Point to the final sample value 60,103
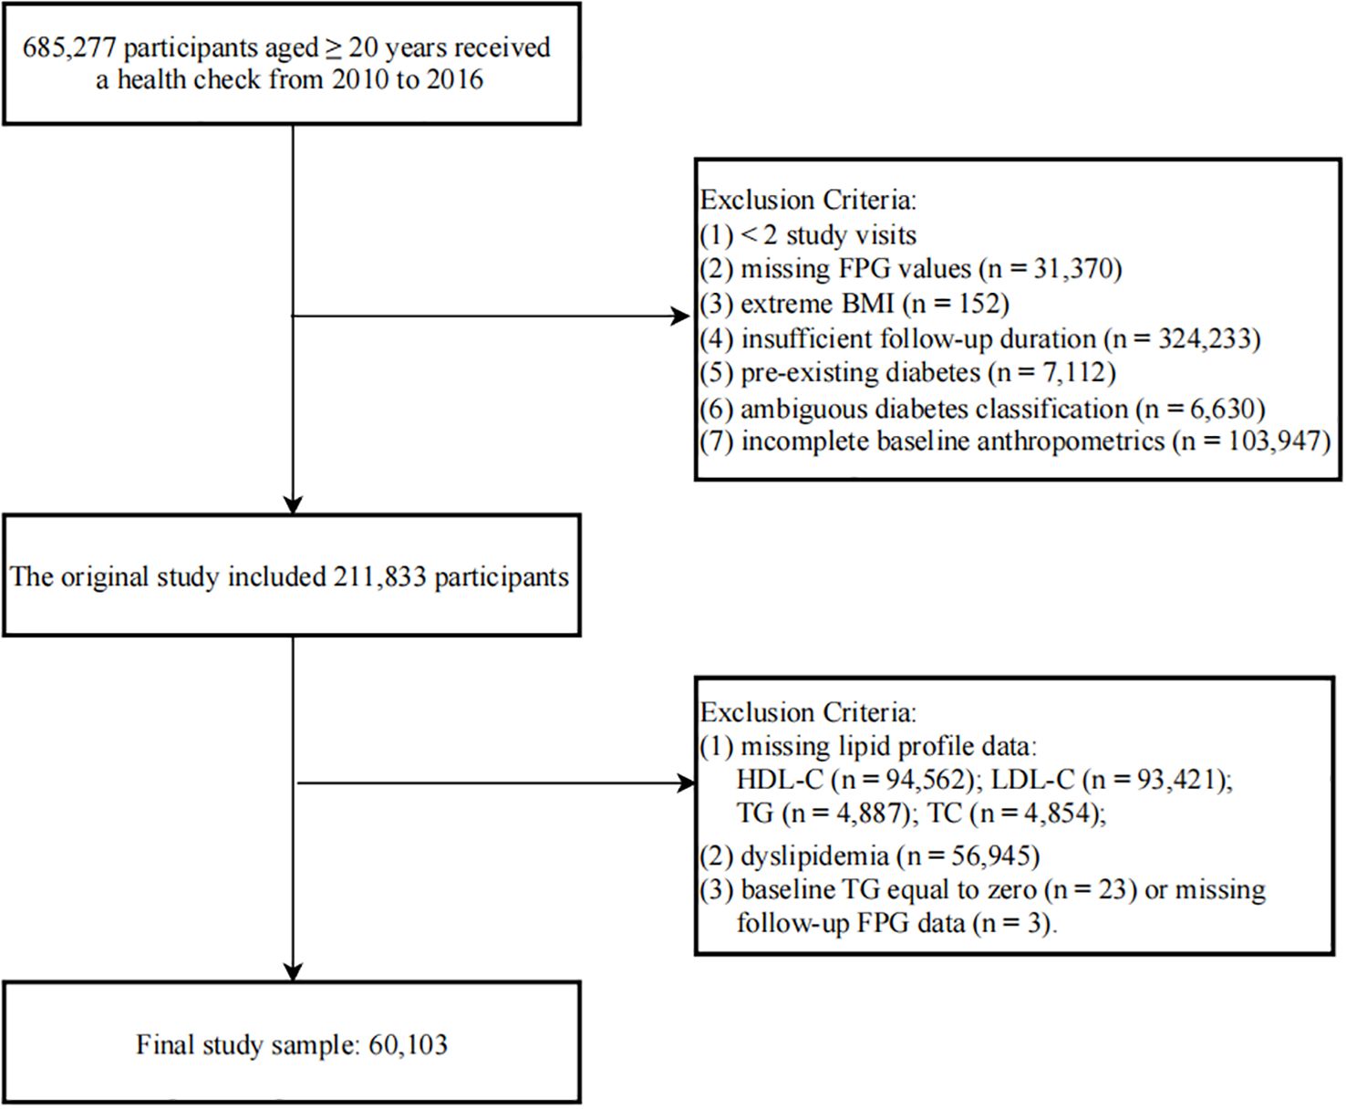click(x=408, y=1044)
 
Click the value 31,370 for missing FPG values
click(x=1073, y=269)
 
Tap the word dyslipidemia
click(x=814, y=855)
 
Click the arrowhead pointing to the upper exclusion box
click(x=680, y=316)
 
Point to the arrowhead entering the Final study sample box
click(x=293, y=971)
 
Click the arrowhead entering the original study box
click(x=293, y=504)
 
